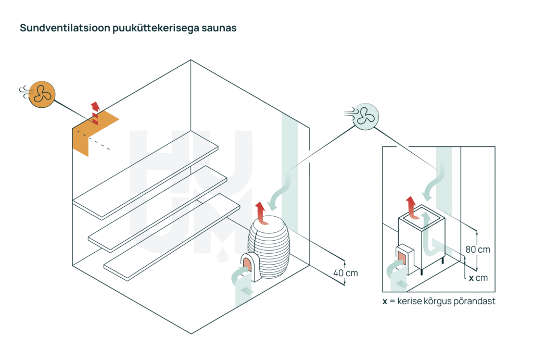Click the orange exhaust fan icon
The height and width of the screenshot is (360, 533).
click(x=41, y=94)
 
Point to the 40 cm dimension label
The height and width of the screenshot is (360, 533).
click(x=346, y=272)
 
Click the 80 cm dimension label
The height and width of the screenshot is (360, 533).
click(x=477, y=250)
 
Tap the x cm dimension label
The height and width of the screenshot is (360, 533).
click(x=478, y=278)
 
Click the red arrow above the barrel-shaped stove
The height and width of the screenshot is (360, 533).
click(x=260, y=213)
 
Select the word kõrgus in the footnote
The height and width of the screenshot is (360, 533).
click(x=433, y=301)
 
